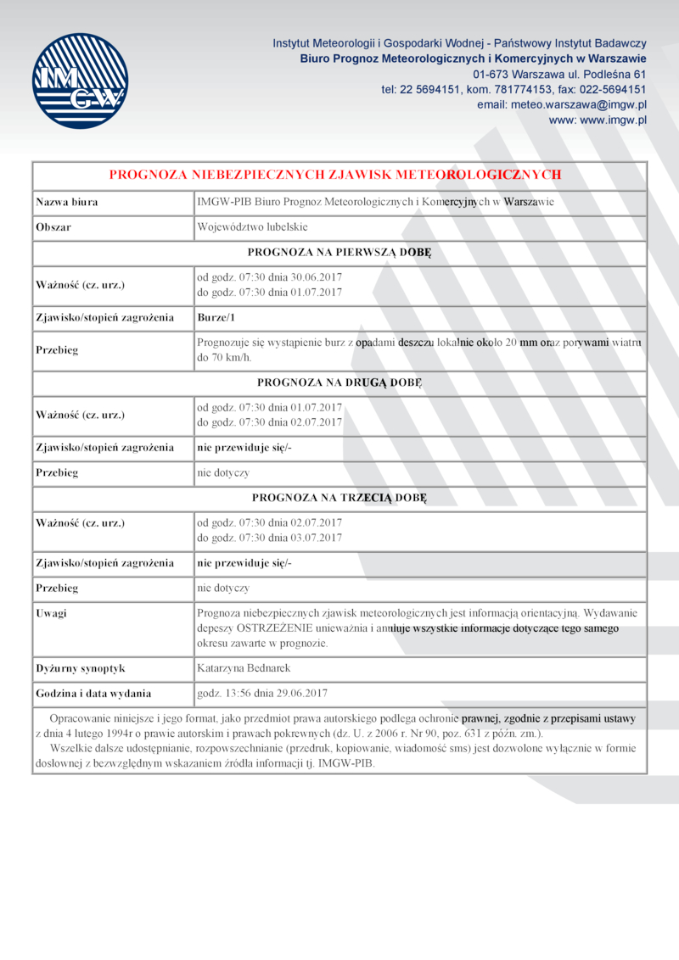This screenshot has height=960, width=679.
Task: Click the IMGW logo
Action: pyautogui.click(x=80, y=81)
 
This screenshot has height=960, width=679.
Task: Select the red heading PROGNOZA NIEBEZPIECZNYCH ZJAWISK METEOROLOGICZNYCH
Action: pyautogui.click(x=336, y=175)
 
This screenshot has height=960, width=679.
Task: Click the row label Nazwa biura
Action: pyautogui.click(x=66, y=202)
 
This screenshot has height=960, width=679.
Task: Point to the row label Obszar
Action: pyautogui.click(x=53, y=227)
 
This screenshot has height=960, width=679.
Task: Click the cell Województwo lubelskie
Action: pyautogui.click(x=252, y=227)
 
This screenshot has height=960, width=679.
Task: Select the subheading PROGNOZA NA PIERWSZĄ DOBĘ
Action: pyautogui.click(x=339, y=252)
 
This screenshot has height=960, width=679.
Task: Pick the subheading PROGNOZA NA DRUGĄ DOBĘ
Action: pyautogui.click(x=339, y=382)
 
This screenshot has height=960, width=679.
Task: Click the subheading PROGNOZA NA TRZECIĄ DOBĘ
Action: pyautogui.click(x=339, y=496)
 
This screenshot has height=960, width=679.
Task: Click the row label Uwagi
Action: pyautogui.click(x=51, y=612)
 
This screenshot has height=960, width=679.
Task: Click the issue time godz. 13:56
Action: pyautogui.click(x=223, y=693)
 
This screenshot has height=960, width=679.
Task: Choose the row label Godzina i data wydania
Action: pyautogui.click(x=93, y=693)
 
